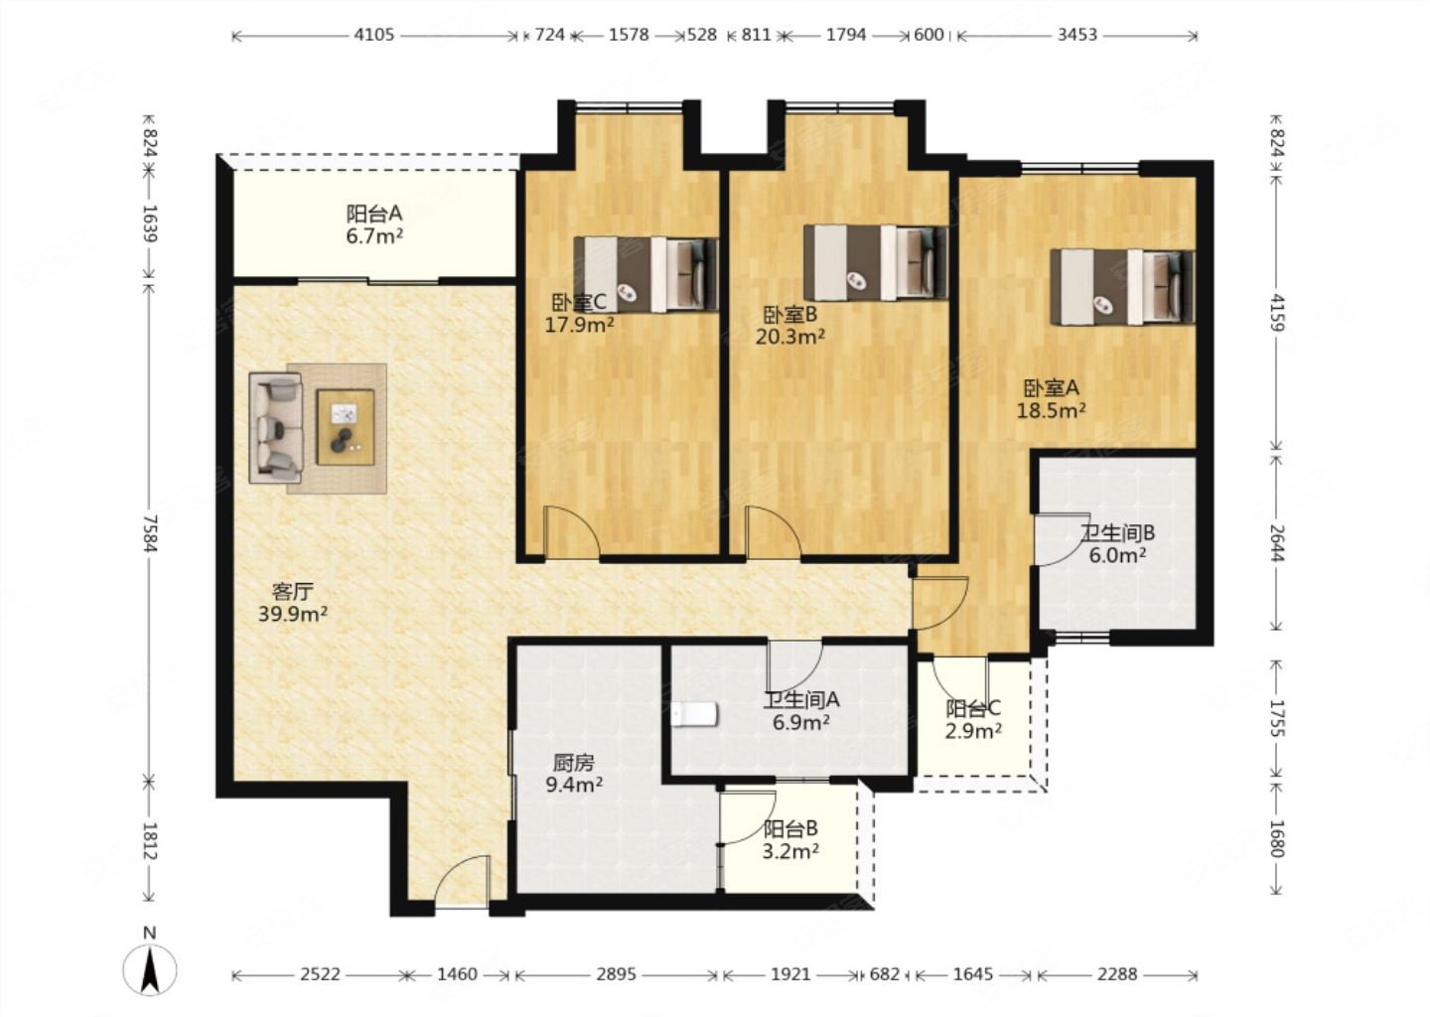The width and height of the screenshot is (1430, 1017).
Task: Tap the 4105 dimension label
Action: coord(374,35)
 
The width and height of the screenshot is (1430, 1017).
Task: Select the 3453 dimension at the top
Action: coord(1076,35)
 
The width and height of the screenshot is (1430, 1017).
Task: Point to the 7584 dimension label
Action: coord(151,533)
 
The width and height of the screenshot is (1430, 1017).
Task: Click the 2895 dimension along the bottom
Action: coord(616,974)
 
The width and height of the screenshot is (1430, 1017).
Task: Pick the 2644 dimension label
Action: coord(1276,542)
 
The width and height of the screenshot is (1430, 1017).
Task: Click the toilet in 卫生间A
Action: coord(694,714)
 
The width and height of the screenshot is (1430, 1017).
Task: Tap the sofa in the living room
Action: coord(276,427)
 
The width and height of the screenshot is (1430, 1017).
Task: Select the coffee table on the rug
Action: coord(346,427)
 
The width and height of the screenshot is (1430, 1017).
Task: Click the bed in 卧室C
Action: coord(646,274)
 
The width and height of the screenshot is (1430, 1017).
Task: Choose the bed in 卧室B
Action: coord(875,262)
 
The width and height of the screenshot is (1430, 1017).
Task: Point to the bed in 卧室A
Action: coord(1123,287)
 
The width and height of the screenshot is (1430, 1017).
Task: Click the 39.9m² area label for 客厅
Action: coord(293,614)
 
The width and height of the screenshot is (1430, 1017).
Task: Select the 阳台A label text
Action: coord(374,214)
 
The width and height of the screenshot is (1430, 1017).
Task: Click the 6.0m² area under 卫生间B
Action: coord(1117,555)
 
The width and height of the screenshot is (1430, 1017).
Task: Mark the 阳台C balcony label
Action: coord(973,708)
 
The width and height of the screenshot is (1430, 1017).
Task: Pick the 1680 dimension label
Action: coord(1276,839)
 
